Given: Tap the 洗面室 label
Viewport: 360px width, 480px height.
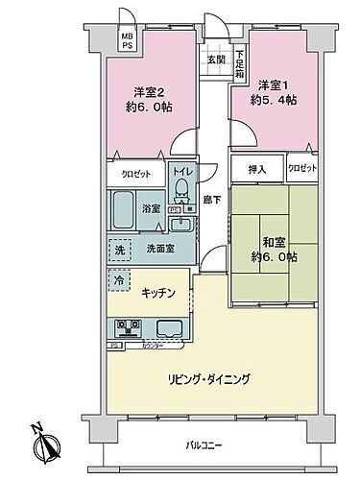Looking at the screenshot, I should pyautogui.click(x=159, y=248).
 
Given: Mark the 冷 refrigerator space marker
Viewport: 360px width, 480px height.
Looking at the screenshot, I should pyautogui.click(x=119, y=282).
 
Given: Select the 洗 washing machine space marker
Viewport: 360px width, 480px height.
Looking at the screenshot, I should pyautogui.click(x=119, y=247).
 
